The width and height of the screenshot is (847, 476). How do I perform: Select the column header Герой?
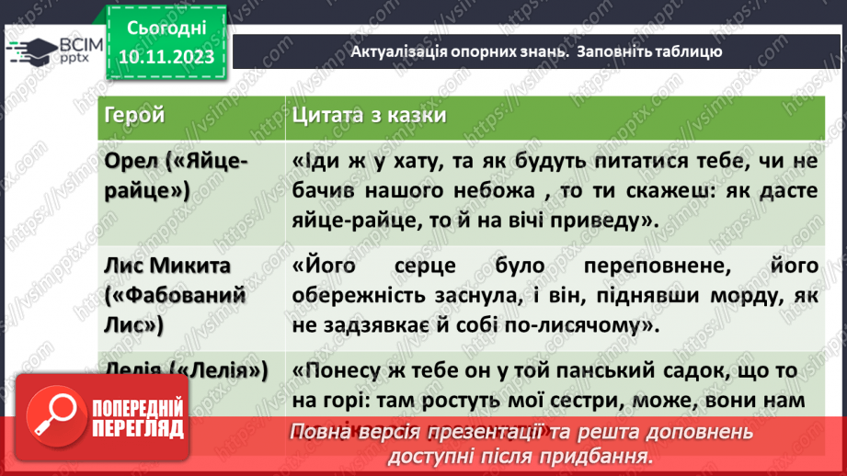[x=135, y=115]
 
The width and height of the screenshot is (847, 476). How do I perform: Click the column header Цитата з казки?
[x=370, y=115]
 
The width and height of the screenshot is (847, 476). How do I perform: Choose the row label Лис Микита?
[x=168, y=266]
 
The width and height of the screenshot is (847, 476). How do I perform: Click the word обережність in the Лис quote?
[x=349, y=296]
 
